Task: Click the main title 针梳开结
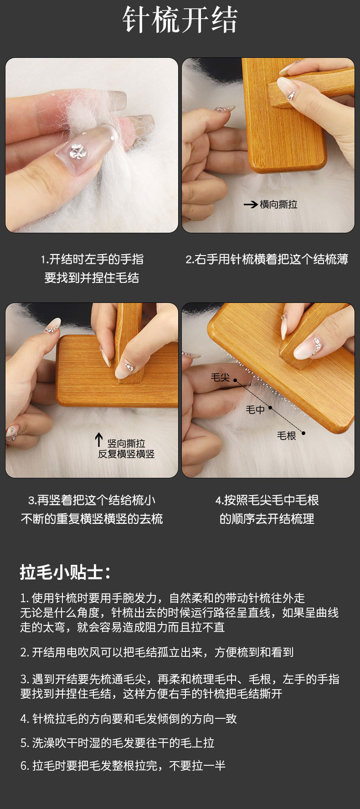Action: tap(180, 20)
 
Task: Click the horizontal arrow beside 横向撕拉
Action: tap(251, 205)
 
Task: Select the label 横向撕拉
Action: tap(278, 205)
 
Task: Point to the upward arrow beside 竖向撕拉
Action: tap(99, 440)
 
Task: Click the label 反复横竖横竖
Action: tap(126, 454)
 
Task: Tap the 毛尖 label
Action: tap(220, 377)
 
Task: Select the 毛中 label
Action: tap(255, 410)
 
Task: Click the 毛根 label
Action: tap(287, 436)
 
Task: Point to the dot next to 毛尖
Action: tap(235, 379)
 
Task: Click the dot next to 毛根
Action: tap(303, 433)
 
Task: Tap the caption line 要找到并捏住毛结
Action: tap(92, 278)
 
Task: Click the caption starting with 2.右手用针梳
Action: tap(267, 259)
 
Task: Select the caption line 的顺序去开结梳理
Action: tap(267, 519)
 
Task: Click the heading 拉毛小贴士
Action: tap(65, 573)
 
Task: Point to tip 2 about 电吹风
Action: tap(157, 652)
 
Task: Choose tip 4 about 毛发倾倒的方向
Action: tap(129, 719)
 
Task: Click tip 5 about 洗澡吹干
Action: tap(117, 742)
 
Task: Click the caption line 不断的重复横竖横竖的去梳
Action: tap(92, 519)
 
